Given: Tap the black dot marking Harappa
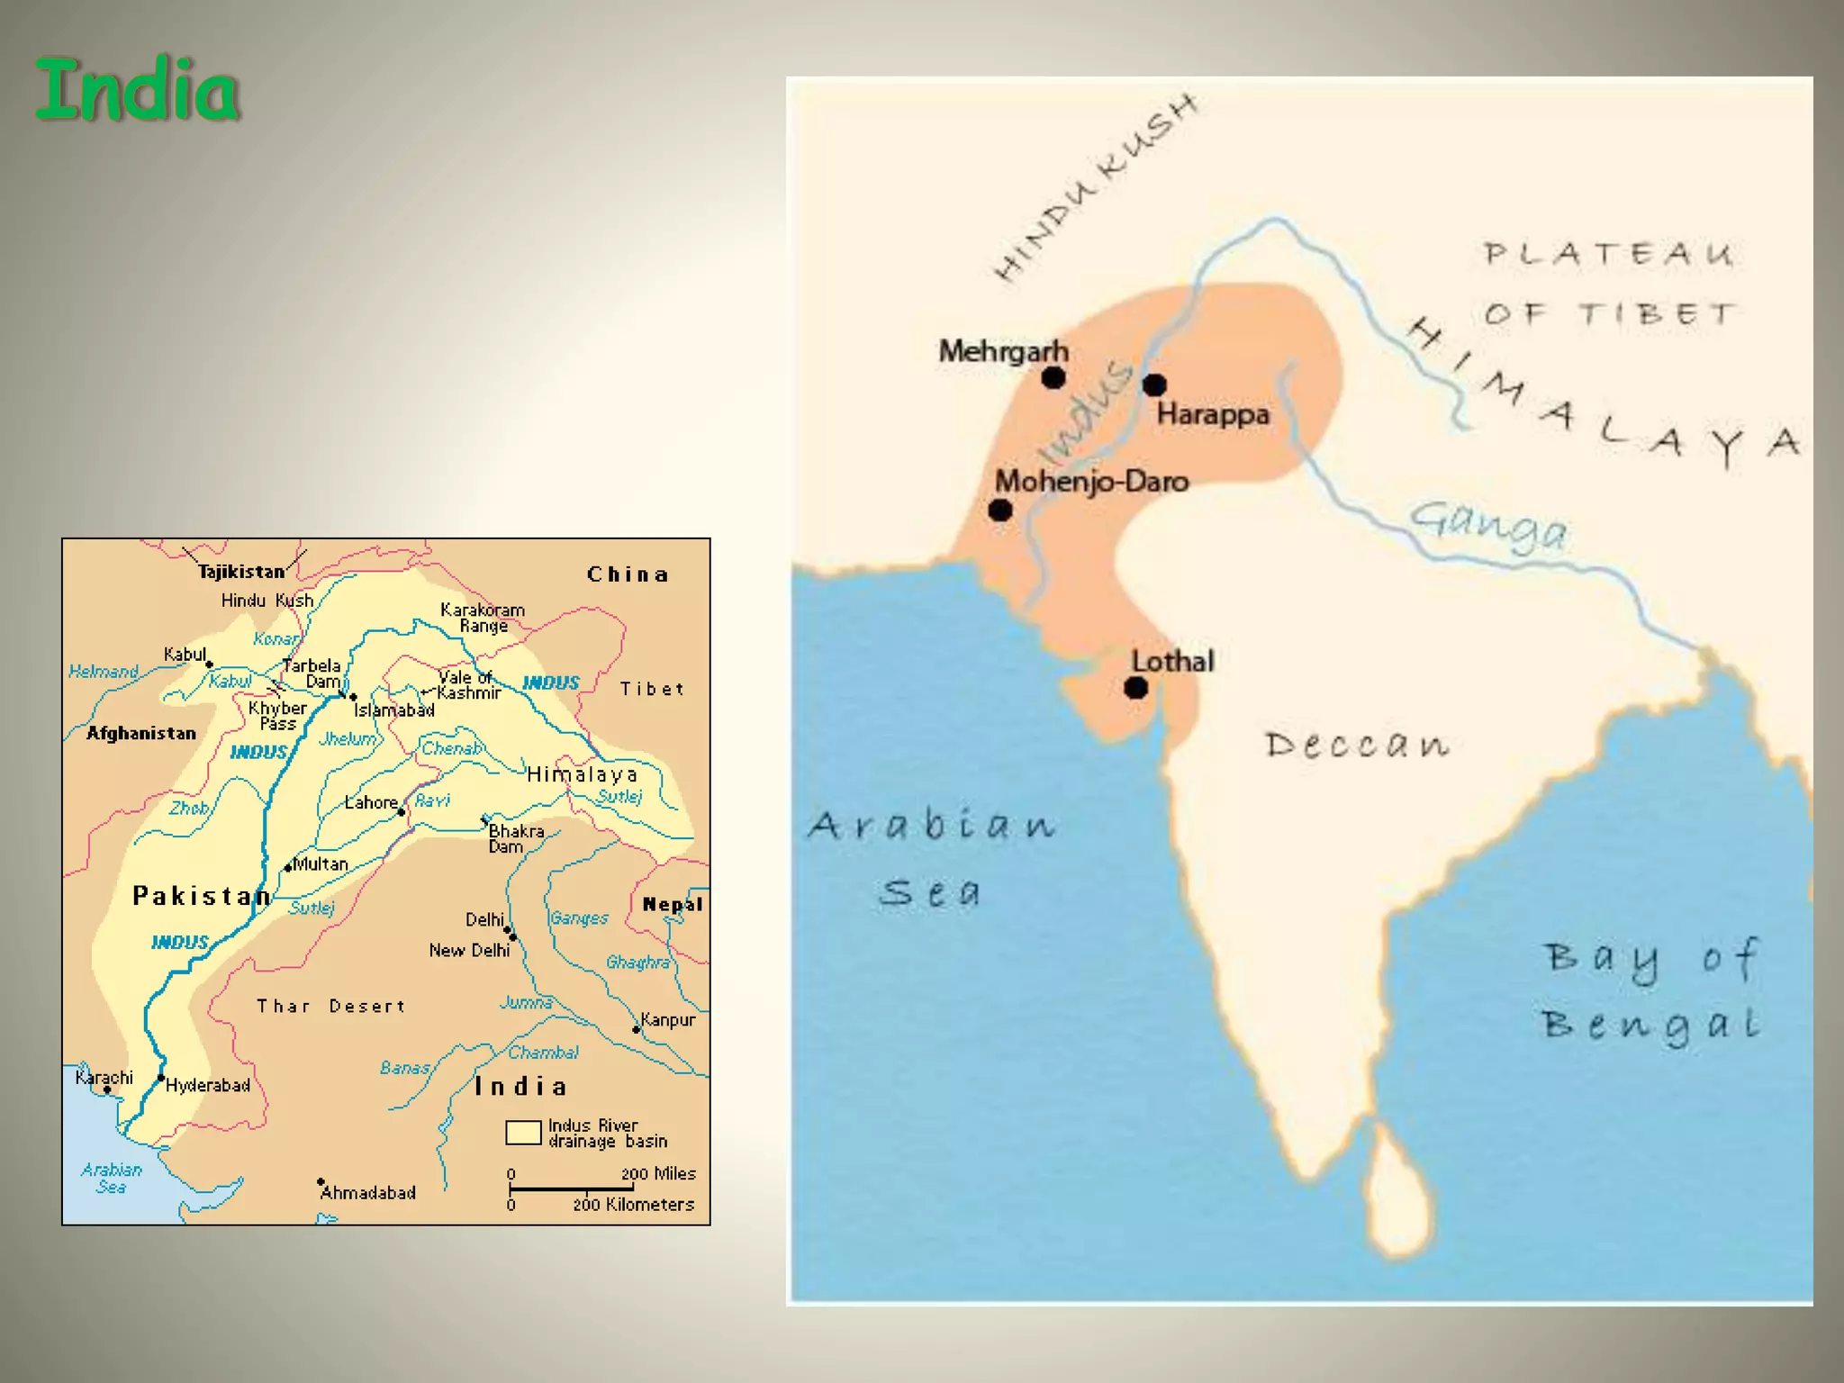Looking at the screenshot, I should (1154, 384).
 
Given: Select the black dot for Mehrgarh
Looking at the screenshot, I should (1053, 377).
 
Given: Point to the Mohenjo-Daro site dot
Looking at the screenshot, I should (1000, 511).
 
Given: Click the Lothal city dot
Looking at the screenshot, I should (1136, 688).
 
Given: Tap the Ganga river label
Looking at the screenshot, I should (1487, 525).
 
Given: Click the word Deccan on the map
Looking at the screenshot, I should (1357, 745).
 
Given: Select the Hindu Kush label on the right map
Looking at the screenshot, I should (1096, 187).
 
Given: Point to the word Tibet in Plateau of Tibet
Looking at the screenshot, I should (1656, 314).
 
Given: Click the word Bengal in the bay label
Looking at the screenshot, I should (1650, 1025).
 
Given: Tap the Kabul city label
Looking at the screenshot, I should (185, 655).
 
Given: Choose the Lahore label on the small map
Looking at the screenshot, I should (371, 802).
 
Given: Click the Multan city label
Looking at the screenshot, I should (321, 864).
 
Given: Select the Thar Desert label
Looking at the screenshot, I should (330, 1006).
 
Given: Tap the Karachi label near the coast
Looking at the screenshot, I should (104, 1078).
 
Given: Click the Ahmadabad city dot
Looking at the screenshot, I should (321, 1181).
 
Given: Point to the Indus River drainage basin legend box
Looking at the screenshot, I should (523, 1133).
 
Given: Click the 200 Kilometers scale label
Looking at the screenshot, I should (633, 1205).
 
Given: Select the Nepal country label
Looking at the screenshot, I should (672, 904).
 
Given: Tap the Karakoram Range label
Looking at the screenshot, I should (483, 618).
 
